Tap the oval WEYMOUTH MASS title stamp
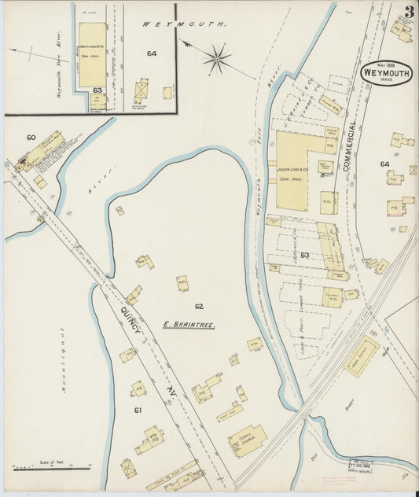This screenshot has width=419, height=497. pyautogui.click(x=383, y=72)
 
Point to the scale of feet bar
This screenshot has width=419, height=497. pyautogui.click(x=53, y=467)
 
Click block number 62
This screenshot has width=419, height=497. pyautogui.click(x=198, y=306)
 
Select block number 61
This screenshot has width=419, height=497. pyautogui.click(x=138, y=410)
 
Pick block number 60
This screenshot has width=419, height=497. pyautogui.click(x=31, y=138)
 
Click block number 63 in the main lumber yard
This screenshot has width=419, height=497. pyautogui.click(x=305, y=254)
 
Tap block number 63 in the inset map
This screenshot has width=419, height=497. pyautogui.click(x=97, y=90)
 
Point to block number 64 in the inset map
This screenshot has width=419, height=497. pyautogui.click(x=151, y=53)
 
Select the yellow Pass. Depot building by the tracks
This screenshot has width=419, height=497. pyautogui.click(x=361, y=356)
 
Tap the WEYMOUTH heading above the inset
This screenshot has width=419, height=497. pyautogui.click(x=183, y=24)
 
